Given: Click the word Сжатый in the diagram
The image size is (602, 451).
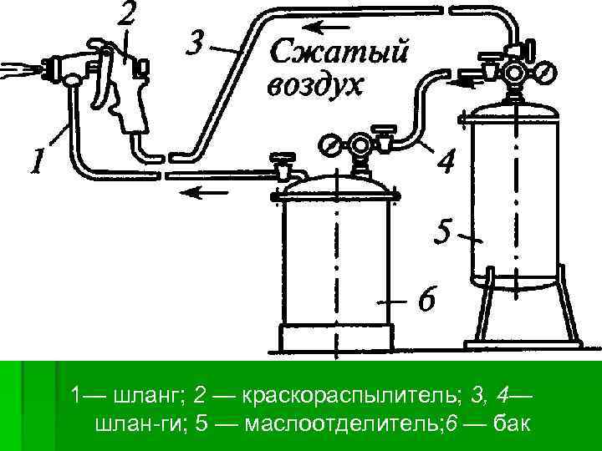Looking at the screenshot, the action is (339, 53).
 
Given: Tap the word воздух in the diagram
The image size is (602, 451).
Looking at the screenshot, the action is (315, 85).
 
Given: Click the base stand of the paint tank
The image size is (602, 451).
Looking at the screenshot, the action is (334, 338).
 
